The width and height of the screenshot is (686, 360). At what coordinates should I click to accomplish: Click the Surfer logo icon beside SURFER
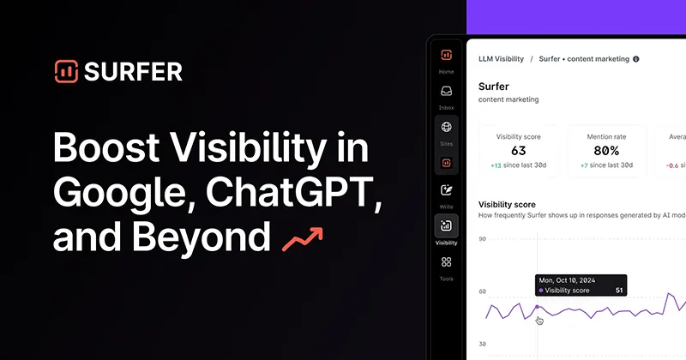[65, 72]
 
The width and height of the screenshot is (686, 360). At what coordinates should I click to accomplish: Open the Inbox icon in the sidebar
[446, 92]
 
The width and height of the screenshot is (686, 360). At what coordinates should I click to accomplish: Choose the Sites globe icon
[446, 127]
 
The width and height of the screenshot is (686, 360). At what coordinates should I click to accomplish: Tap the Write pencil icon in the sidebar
[446, 191]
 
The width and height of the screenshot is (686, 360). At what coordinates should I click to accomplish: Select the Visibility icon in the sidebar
[446, 226]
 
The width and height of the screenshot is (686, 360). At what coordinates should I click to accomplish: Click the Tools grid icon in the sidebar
[446, 262]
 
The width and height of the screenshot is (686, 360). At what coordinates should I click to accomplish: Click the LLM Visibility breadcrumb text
[501, 59]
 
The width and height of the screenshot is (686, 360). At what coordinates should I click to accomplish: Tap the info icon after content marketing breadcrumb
[636, 59]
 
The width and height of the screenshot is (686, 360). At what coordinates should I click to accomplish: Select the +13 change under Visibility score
[496, 165]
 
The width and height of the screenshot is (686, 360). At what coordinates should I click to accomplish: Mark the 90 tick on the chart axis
[482, 239]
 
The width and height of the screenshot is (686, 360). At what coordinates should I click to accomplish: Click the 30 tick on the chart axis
[482, 345]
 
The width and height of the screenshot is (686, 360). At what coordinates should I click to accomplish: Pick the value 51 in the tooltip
[619, 291]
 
